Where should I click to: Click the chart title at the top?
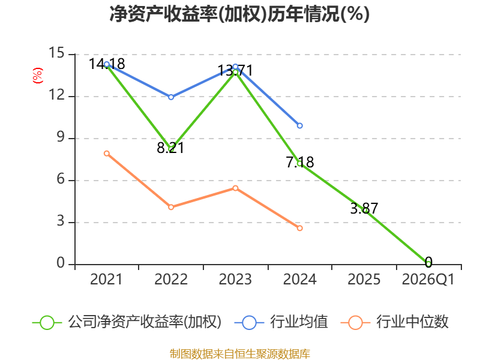pyautogui.click(x=239, y=14)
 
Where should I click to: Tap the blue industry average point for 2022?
pyautogui.click(x=171, y=97)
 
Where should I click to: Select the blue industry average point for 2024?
pyautogui.click(x=299, y=125)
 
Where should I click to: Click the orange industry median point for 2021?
pyautogui.click(x=107, y=154)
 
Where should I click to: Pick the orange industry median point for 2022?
pyautogui.click(x=171, y=207)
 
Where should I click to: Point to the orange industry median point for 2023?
pyautogui.click(x=235, y=188)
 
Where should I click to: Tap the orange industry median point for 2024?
pyautogui.click(x=299, y=228)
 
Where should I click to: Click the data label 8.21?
pyautogui.click(x=170, y=148)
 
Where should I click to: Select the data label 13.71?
pyautogui.click(x=235, y=70)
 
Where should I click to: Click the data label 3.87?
pyautogui.click(x=364, y=208)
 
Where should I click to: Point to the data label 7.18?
pyautogui.click(x=300, y=162)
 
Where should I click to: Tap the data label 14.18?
pyautogui.click(x=107, y=64)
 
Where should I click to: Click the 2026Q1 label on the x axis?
pyautogui.click(x=428, y=279)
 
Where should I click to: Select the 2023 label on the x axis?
pyautogui.click(x=235, y=279)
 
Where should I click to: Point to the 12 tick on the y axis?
pyautogui.click(x=57, y=95)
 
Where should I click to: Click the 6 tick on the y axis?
pyautogui.click(x=61, y=179)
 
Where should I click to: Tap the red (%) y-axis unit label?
pyautogui.click(x=38, y=76)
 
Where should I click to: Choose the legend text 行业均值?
pyautogui.click(x=299, y=322)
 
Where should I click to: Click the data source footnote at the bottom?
pyautogui.click(x=239, y=354)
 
